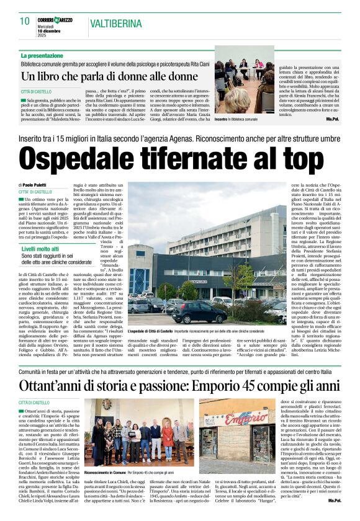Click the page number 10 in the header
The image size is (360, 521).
[x=24, y=21]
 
